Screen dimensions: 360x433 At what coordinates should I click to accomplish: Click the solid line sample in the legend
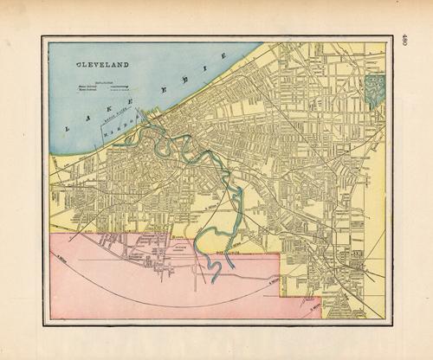tap(122, 86)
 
